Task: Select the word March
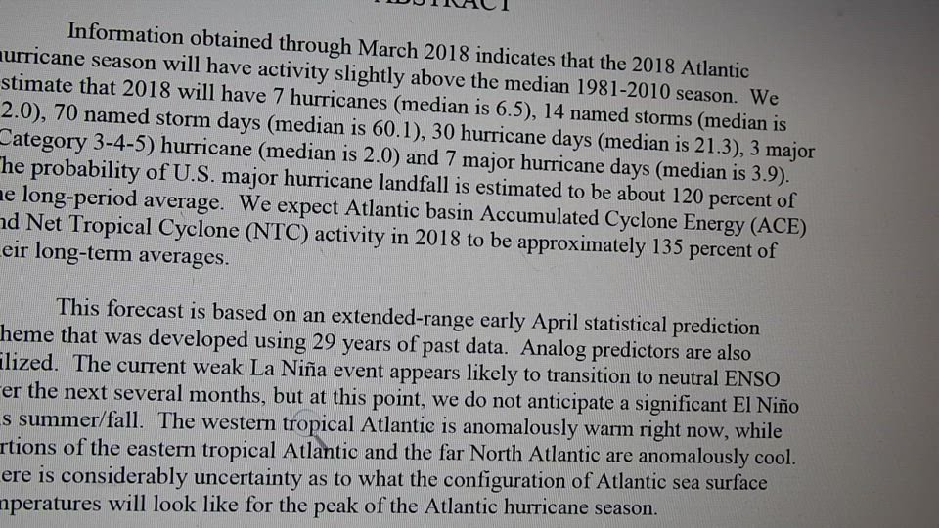[389, 46]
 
